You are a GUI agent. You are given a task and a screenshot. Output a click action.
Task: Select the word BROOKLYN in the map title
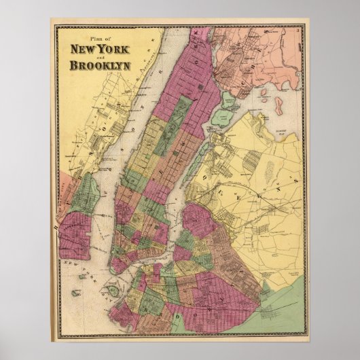94,66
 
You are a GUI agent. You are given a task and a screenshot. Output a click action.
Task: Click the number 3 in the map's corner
299,31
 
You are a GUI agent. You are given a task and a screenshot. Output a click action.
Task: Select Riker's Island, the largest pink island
278,86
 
